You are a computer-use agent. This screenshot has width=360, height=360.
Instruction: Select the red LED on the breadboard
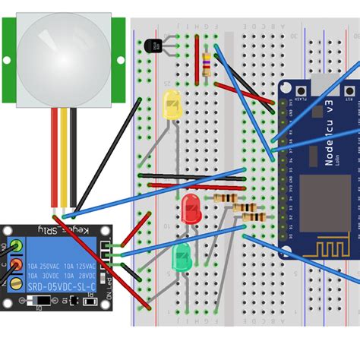tap(190, 207)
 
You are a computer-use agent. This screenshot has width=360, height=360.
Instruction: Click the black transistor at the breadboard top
tap(154, 46)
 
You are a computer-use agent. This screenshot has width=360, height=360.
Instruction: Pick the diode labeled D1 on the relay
tap(43, 301)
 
